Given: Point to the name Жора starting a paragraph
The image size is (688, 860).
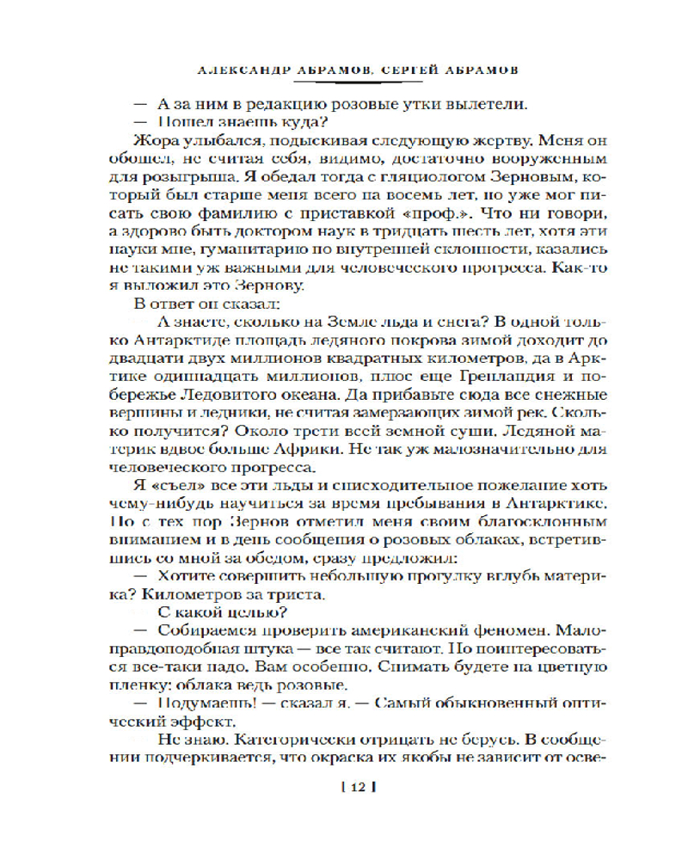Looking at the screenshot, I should coord(152,141).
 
